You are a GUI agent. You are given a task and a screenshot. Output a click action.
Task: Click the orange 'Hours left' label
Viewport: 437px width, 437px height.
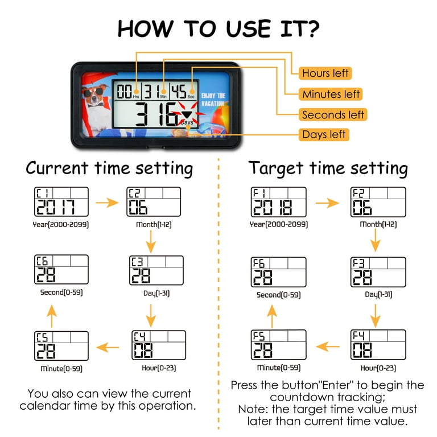pos(325,73)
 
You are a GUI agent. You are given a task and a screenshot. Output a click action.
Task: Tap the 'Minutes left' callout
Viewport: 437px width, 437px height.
pos(331,94)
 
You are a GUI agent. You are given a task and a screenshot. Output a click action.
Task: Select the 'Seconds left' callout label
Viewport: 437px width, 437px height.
pos(333,114)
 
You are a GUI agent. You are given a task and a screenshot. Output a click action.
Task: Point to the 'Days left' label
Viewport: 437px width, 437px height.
pos(324,135)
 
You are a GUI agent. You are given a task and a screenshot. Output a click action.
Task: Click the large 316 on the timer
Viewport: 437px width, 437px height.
pos(156,114)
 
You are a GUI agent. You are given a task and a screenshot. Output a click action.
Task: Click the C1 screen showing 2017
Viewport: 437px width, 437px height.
pos(61,202)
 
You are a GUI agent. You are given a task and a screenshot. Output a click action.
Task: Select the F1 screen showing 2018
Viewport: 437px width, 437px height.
pos(278,202)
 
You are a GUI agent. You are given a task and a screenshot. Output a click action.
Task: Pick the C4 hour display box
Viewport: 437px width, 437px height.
pos(159,345)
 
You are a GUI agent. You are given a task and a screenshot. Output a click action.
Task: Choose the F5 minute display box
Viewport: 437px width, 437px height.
pos(278,345)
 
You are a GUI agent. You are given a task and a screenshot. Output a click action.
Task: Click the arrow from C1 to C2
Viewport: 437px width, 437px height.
pos(107,203)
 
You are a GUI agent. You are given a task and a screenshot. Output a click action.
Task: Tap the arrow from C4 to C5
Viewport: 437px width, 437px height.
pos(108,347)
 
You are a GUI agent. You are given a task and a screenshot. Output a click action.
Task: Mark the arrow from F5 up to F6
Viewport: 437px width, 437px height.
pos(272,316)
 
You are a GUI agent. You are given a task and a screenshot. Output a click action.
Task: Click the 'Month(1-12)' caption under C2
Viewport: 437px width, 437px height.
pos(154,224)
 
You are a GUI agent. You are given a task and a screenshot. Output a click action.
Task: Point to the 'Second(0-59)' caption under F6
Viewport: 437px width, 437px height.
pos(278,295)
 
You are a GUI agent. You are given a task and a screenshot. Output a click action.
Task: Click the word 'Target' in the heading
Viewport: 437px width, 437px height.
pos(276,168)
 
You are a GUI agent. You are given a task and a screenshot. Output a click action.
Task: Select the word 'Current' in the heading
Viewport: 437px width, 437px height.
pos(57,168)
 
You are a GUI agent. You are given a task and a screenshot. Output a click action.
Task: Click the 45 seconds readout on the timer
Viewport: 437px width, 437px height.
pos(179,92)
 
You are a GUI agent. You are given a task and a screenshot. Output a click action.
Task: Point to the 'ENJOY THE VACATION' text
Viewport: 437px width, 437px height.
pos(213,100)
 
